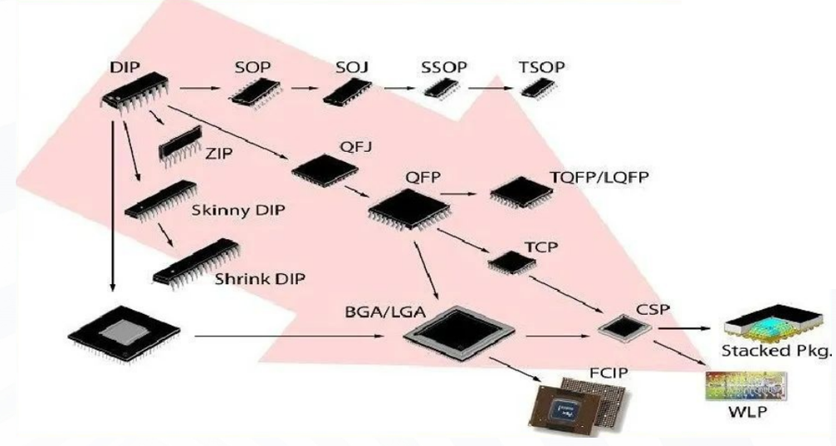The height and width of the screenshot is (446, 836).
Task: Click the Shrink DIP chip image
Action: point(194,262)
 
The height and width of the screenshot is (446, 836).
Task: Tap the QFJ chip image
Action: point(325,169)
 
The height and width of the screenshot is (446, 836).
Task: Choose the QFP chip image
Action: point(403,208)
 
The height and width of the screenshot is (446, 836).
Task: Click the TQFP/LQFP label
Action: point(598,178)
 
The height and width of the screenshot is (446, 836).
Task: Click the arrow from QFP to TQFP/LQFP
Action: point(462,194)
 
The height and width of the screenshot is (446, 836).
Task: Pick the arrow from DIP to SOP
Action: point(199,86)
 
